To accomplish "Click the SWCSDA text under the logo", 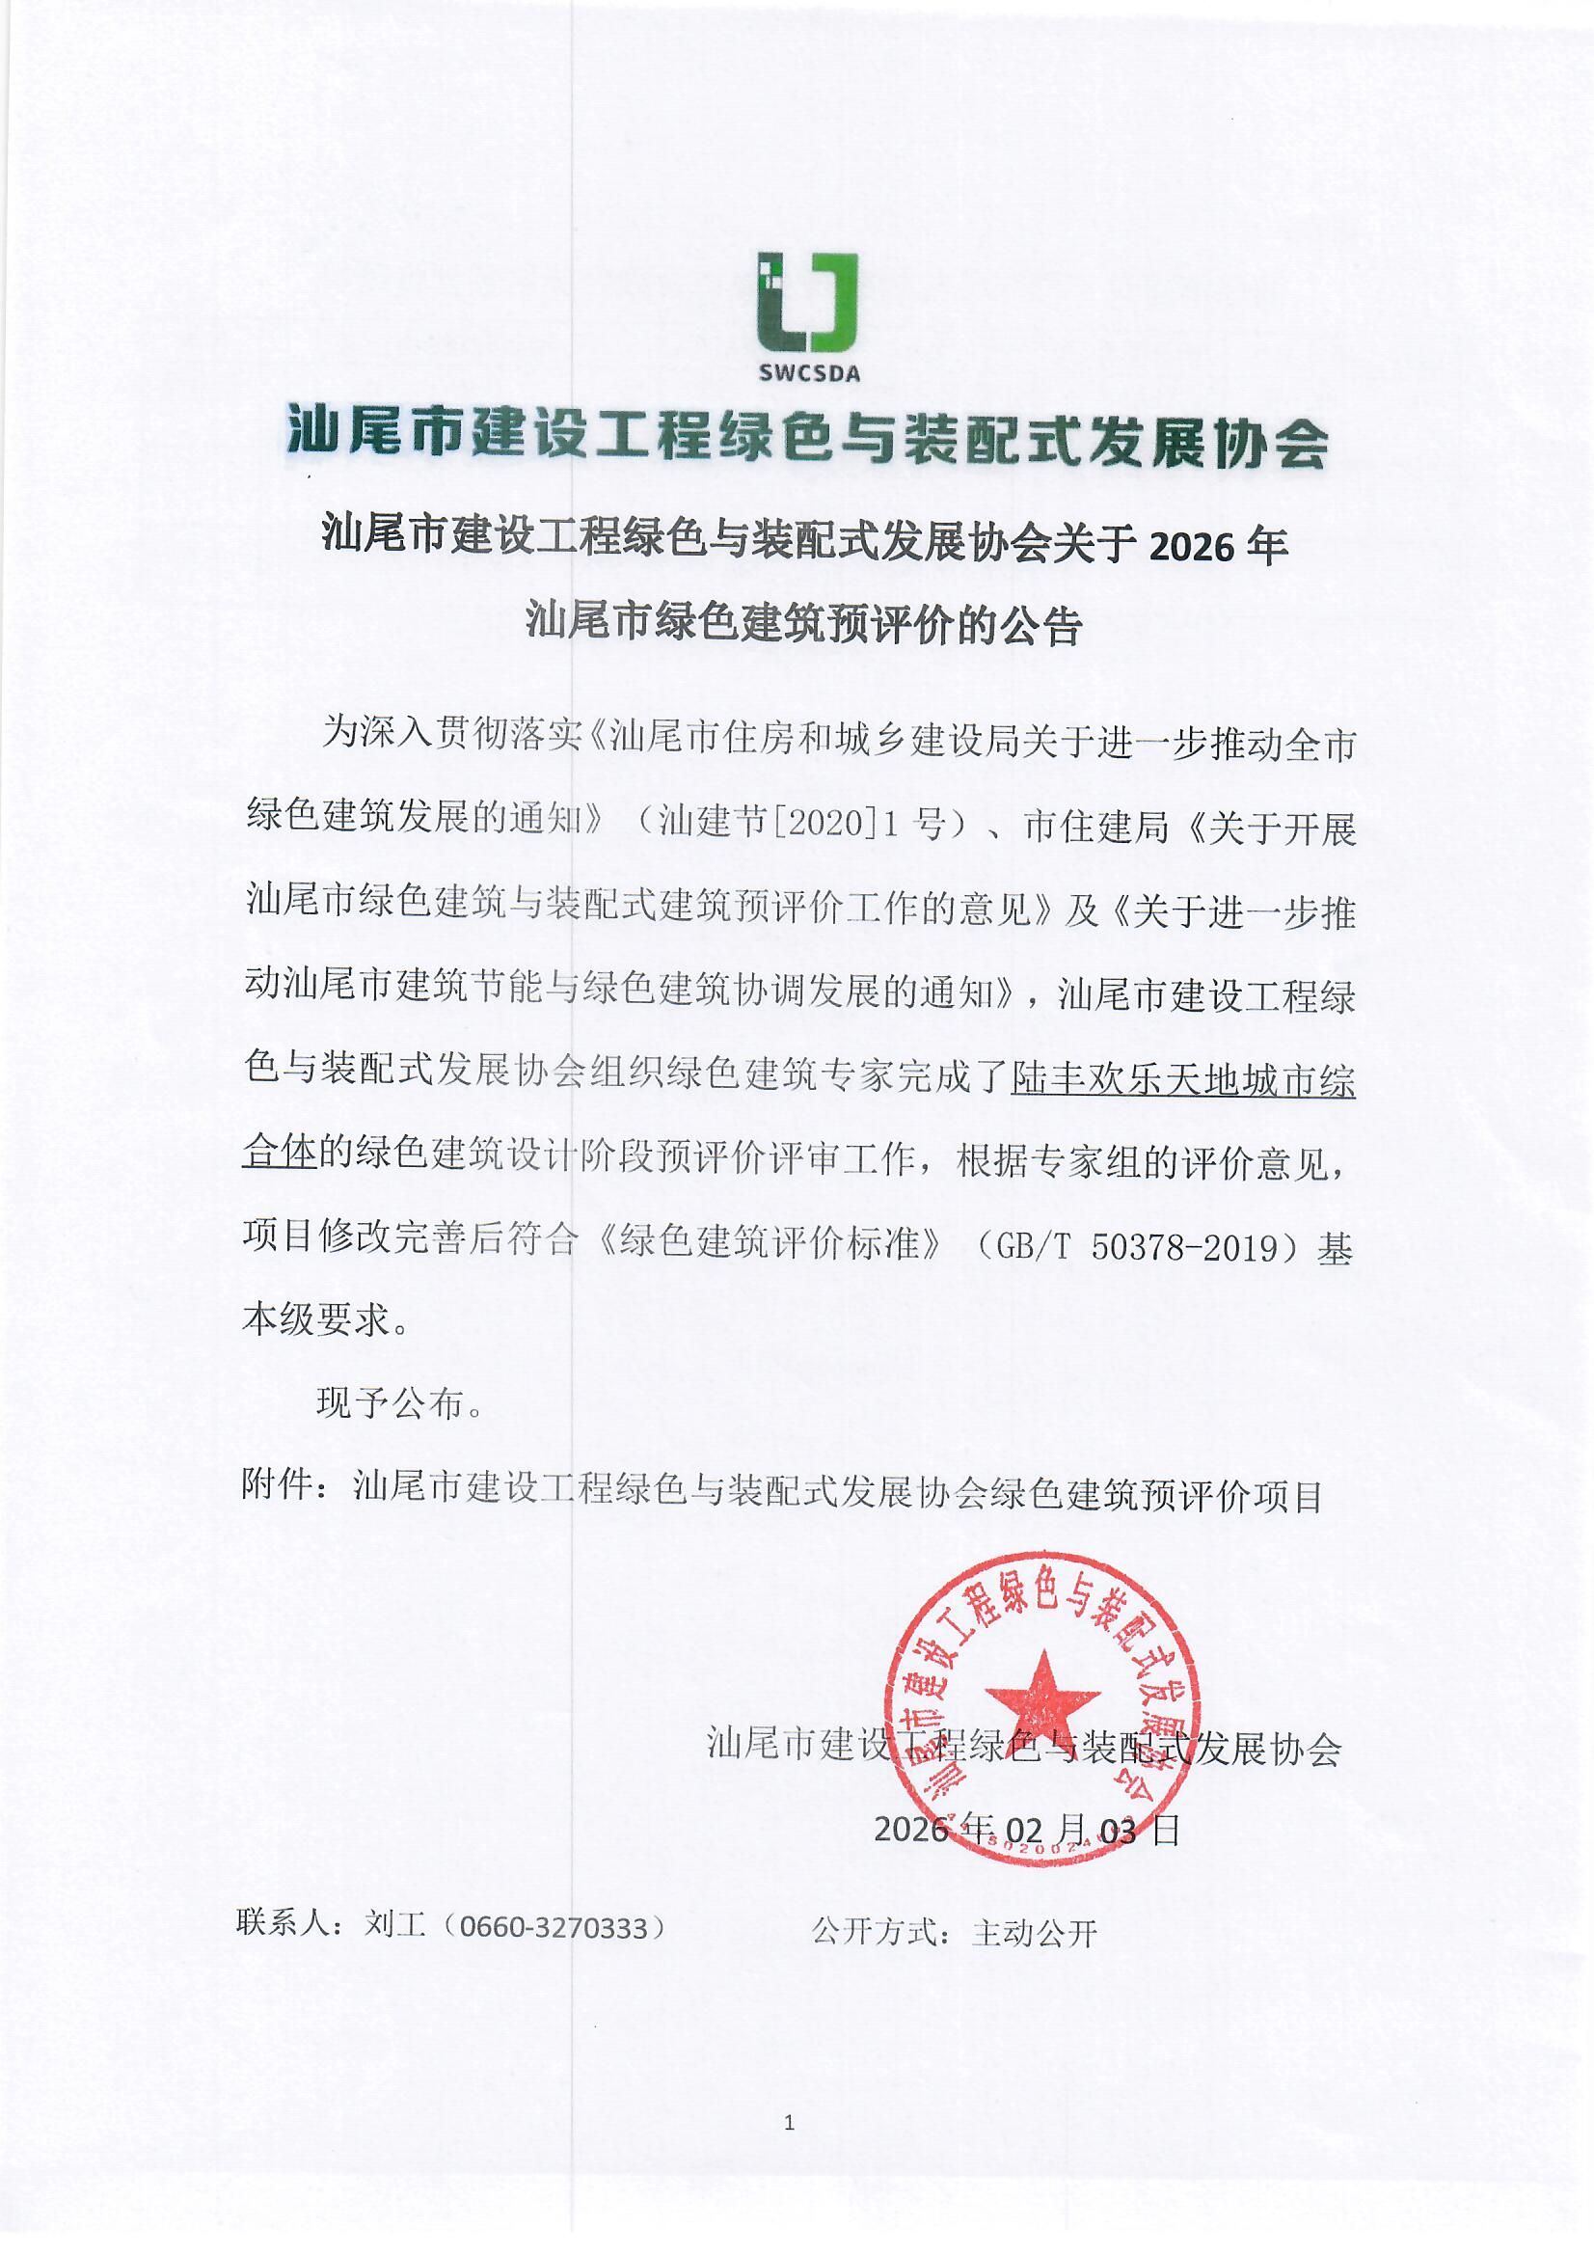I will click(808, 373).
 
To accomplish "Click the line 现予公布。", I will click(400, 1403).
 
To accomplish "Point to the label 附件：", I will click(284, 1485).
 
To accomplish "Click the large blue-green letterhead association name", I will click(807, 438).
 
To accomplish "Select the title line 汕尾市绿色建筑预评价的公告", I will click(803, 624).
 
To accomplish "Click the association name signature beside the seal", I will click(1023, 1744).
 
